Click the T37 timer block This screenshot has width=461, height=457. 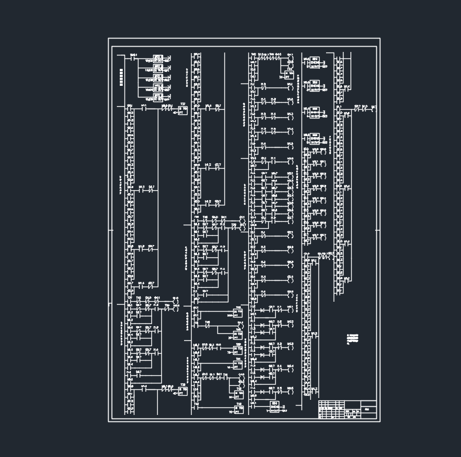(182, 109)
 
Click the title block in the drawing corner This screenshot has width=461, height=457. (347, 409)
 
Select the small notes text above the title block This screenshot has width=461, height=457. (352, 339)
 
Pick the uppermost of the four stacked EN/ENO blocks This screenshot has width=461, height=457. (315, 61)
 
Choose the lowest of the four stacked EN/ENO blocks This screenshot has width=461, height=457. (315, 138)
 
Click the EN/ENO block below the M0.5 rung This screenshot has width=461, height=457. (274, 406)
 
